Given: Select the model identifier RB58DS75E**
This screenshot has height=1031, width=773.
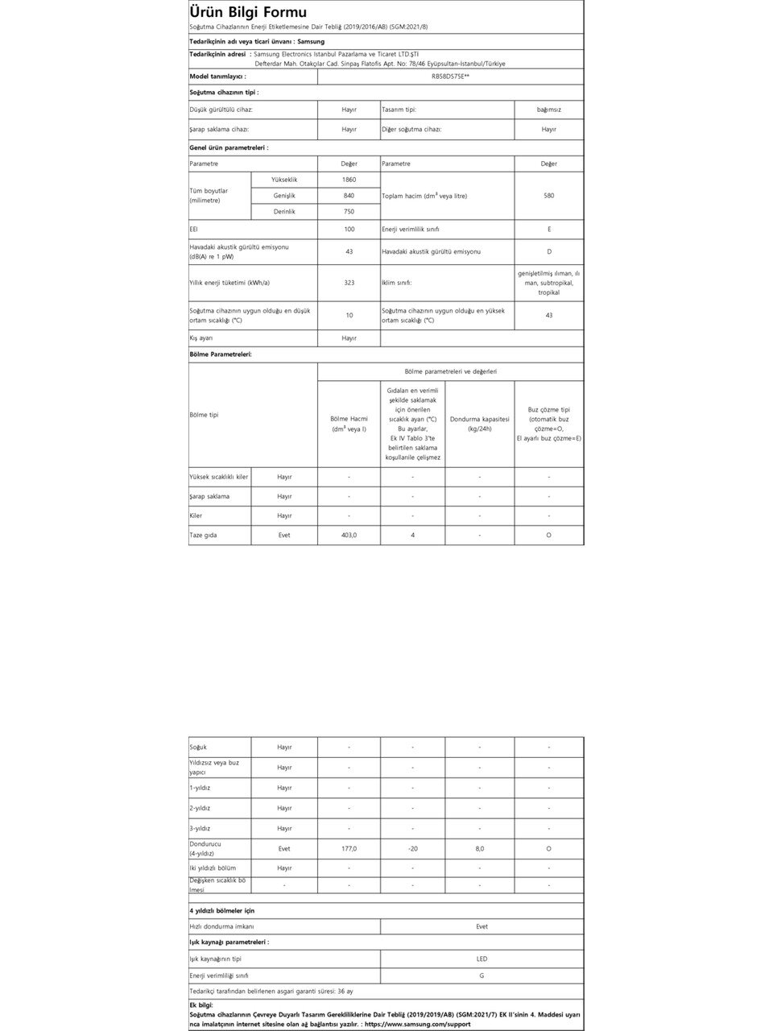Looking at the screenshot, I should (450, 77).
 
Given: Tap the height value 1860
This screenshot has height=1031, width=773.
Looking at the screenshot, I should (349, 180).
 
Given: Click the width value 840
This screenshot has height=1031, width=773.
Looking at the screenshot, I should (349, 196).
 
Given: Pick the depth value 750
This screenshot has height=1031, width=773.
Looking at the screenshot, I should (349, 212).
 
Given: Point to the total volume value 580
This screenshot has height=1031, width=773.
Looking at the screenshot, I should (548, 196).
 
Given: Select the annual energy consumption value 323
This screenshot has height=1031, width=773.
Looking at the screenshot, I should (349, 283).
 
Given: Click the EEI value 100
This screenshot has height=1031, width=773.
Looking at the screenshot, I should (349, 230).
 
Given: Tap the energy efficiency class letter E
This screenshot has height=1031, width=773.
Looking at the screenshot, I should (548, 230).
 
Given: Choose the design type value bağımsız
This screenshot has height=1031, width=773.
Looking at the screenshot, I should (548, 110).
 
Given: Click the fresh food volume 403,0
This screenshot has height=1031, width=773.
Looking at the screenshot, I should (349, 535).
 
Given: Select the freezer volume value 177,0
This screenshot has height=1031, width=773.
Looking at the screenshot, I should (349, 848).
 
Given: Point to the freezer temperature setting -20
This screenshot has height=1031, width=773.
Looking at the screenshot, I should (412, 848).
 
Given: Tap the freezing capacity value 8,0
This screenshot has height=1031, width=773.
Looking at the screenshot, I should (480, 848).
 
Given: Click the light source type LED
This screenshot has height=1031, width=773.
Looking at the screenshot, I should (482, 959).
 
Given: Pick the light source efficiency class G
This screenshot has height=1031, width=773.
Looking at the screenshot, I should (482, 975).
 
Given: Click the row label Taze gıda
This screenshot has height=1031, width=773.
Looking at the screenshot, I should (203, 535).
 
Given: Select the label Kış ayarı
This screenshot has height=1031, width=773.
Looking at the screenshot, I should (201, 338).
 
